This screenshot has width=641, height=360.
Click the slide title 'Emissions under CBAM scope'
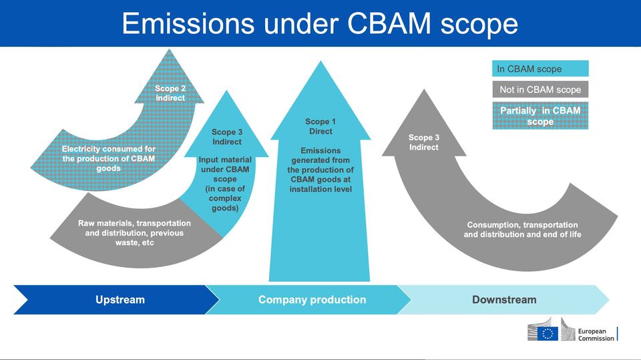point(320,24)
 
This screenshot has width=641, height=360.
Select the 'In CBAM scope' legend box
point(540,69)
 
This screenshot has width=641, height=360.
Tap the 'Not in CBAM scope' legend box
point(540,89)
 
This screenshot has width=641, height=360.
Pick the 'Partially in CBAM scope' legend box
point(540,116)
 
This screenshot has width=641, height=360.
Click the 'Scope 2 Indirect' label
point(170,93)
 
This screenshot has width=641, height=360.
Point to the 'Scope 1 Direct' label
point(320,126)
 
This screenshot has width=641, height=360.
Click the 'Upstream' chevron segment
point(120,300)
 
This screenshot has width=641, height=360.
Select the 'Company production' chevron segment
point(312,300)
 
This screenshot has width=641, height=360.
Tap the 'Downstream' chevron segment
point(504,300)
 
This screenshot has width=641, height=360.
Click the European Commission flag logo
point(550,332)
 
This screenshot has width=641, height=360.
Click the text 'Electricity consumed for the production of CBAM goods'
point(108,158)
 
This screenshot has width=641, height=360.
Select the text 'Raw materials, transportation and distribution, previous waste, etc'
point(134,232)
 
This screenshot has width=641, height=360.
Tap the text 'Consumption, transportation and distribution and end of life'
point(522,230)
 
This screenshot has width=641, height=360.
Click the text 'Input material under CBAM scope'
point(225,170)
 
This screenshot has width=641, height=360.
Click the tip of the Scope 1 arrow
point(320,63)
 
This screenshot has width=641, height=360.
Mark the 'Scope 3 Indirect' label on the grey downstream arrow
point(424,142)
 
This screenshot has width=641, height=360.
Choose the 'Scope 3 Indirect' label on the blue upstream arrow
point(227,137)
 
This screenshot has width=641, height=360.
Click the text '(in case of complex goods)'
point(225,198)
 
